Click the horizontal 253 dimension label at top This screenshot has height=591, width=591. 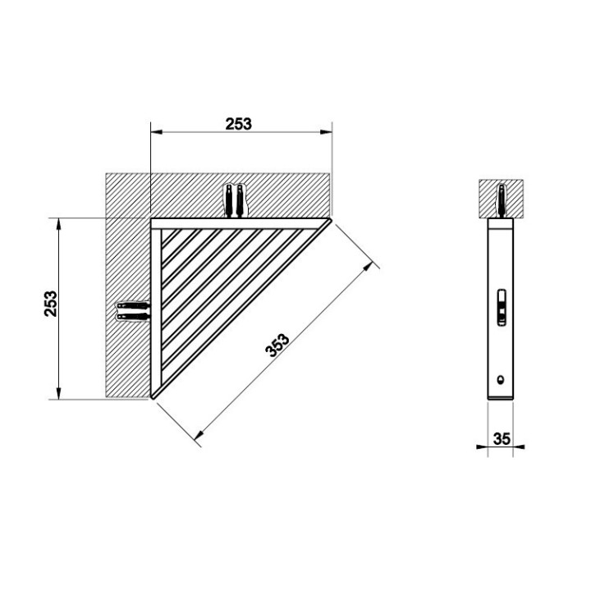pyautogui.click(x=238, y=124)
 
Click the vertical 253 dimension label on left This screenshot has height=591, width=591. pyautogui.click(x=51, y=304)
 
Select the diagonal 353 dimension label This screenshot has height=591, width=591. pyautogui.click(x=277, y=345)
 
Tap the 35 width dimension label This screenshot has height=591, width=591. pyautogui.click(x=502, y=438)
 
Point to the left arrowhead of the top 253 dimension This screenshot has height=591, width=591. pyautogui.click(x=157, y=132)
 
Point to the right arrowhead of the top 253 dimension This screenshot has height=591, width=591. pyautogui.click(x=327, y=132)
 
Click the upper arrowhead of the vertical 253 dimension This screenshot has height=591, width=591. pyautogui.click(x=58, y=224)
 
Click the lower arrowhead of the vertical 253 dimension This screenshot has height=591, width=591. pyautogui.click(x=58, y=393)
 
